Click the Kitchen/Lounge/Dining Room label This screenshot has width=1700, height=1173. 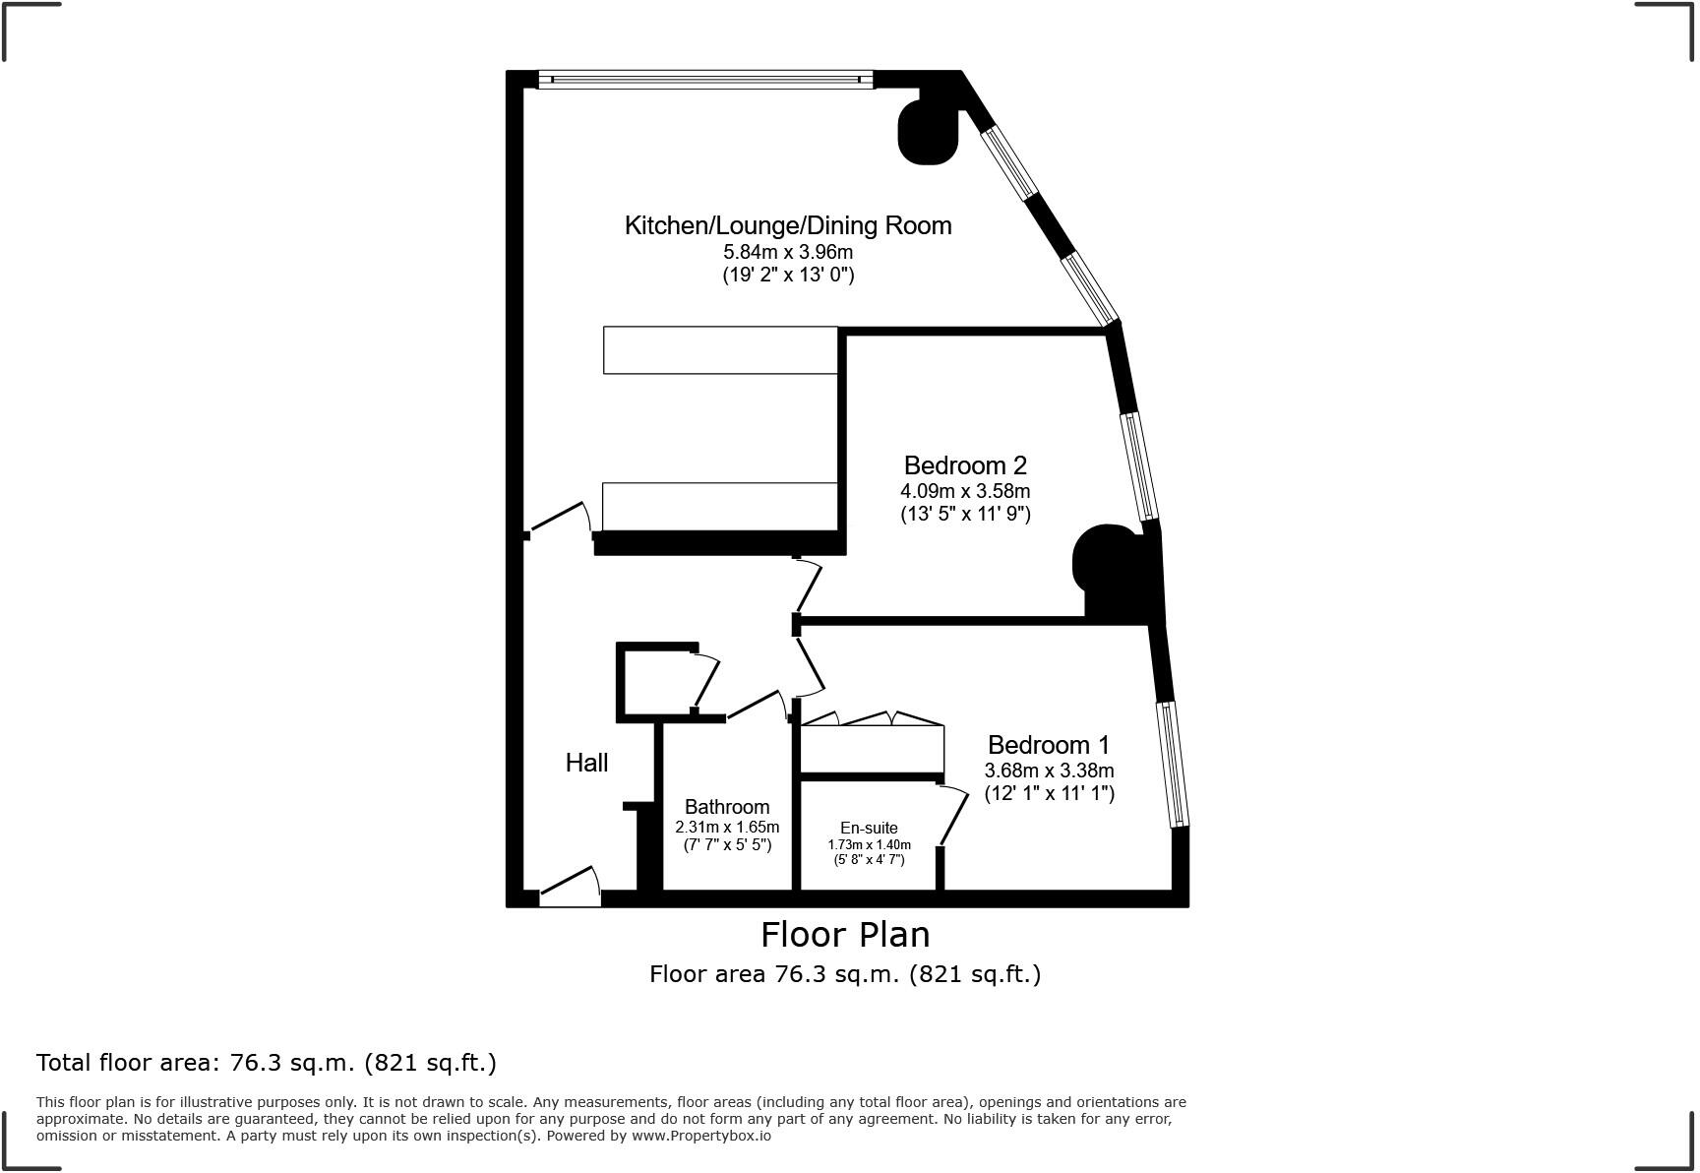coord(788,225)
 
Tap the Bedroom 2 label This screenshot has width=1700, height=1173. coord(965,465)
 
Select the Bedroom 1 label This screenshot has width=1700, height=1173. coord(1049,745)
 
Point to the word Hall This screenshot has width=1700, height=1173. coord(586,763)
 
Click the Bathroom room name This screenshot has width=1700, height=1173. coord(727,807)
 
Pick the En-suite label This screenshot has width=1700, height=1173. coord(869,828)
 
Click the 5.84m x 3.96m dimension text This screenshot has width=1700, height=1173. coord(788,252)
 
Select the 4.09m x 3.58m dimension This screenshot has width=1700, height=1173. coord(965,491)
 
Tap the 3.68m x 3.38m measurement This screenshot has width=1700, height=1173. coord(1049,771)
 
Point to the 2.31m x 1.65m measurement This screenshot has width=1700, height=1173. coord(727,827)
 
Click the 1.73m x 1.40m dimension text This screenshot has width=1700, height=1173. coord(869,844)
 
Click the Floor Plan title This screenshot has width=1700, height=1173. coord(845,933)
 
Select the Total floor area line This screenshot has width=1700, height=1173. coord(267,1063)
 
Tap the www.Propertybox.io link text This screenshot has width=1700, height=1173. coord(700,1136)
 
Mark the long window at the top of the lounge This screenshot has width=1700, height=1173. coord(705,80)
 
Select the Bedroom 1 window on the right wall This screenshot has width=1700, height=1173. coord(1176,764)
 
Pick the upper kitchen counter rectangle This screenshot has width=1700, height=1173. coord(720,350)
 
